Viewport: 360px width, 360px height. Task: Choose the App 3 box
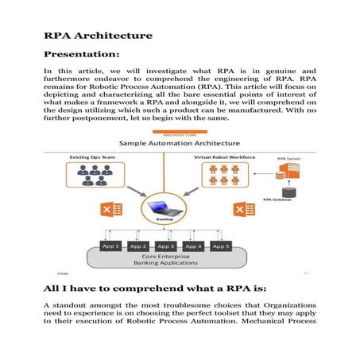point(165,246)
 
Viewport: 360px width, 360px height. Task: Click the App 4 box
point(194,246)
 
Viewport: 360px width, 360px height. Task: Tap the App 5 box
point(223,246)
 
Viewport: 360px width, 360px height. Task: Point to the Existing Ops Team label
point(91,159)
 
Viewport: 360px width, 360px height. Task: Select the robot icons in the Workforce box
point(232,176)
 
